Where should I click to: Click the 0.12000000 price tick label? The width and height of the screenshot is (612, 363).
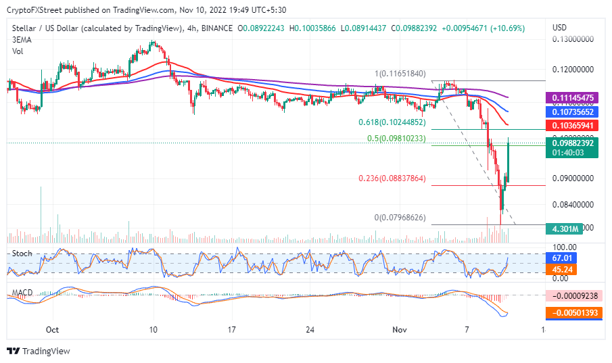pyautogui.click(x=573, y=70)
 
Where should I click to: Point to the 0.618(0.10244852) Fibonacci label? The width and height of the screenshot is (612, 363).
pyautogui.click(x=392, y=122)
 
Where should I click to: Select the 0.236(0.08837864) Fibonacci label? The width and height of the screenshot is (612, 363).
pyautogui.click(x=392, y=178)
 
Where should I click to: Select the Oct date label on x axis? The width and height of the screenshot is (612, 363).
pyautogui.click(x=51, y=329)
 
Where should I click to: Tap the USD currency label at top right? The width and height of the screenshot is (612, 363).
pyautogui.click(x=559, y=27)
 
